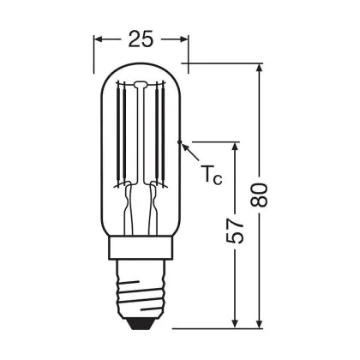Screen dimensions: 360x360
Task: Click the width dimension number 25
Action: point(141,39)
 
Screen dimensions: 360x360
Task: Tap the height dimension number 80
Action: point(259,195)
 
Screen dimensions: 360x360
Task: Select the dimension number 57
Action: point(235,231)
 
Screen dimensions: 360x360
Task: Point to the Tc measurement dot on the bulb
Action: point(179,141)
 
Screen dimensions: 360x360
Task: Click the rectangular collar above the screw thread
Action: point(141,248)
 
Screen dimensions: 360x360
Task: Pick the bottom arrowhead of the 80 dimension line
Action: point(259,322)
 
